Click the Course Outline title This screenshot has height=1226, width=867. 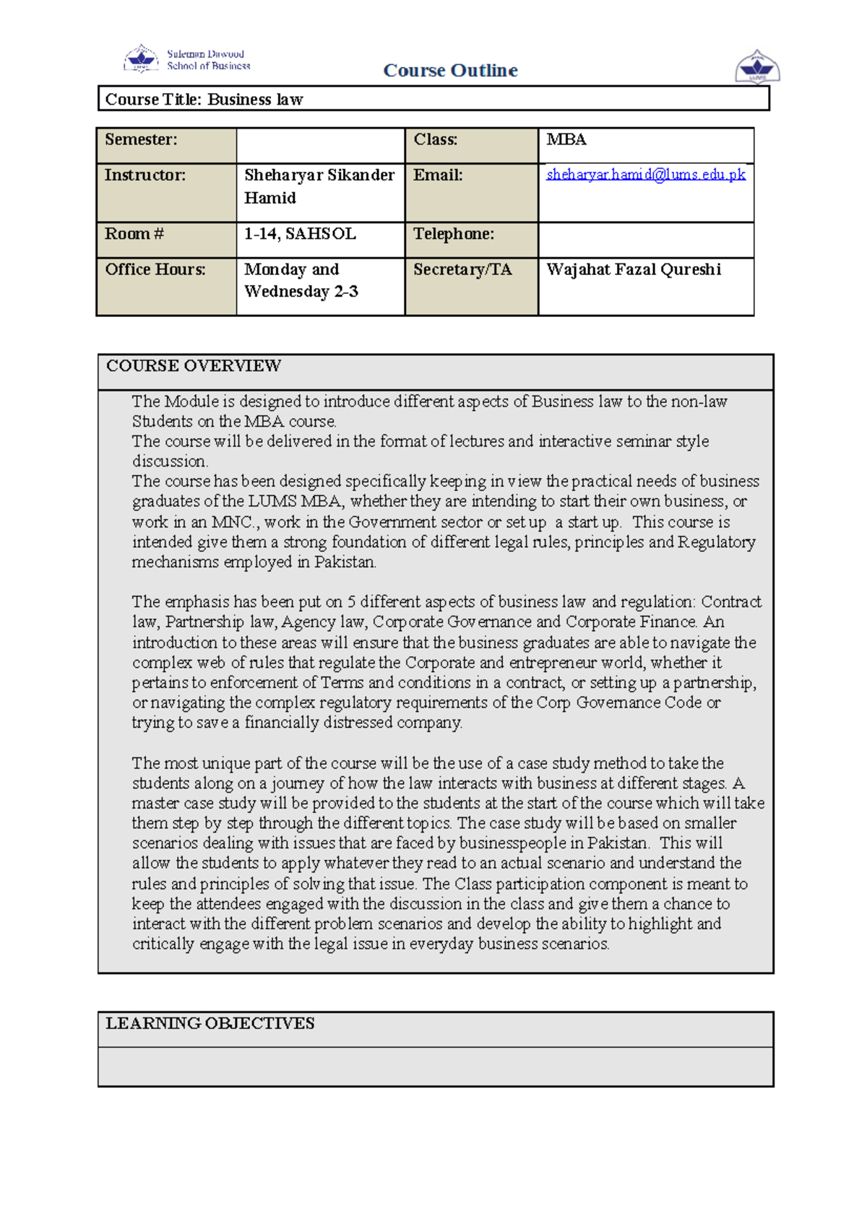coord(450,70)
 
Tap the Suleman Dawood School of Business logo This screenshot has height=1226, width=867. coord(187,59)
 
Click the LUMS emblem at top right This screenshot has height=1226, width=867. coord(757,67)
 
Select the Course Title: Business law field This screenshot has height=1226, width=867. coord(204,99)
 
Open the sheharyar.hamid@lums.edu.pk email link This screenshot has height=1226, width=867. coord(645,174)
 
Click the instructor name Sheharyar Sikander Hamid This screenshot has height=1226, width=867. coord(319,186)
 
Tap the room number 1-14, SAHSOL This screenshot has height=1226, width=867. coord(300,234)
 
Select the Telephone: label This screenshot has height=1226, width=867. coord(454,234)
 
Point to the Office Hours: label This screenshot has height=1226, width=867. coord(155,269)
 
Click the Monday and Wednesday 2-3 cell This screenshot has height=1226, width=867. coord(301,280)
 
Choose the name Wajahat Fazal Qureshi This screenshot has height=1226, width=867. coord(634,269)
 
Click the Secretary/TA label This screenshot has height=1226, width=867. coord(462,269)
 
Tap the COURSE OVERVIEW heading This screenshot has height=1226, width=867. coord(194,366)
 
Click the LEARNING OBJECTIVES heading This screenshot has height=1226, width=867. coord(210,1023)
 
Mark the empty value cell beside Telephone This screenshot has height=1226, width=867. coord(645,240)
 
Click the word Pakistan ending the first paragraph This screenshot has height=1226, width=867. coord(345,562)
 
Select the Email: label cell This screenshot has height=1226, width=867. coord(438,175)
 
